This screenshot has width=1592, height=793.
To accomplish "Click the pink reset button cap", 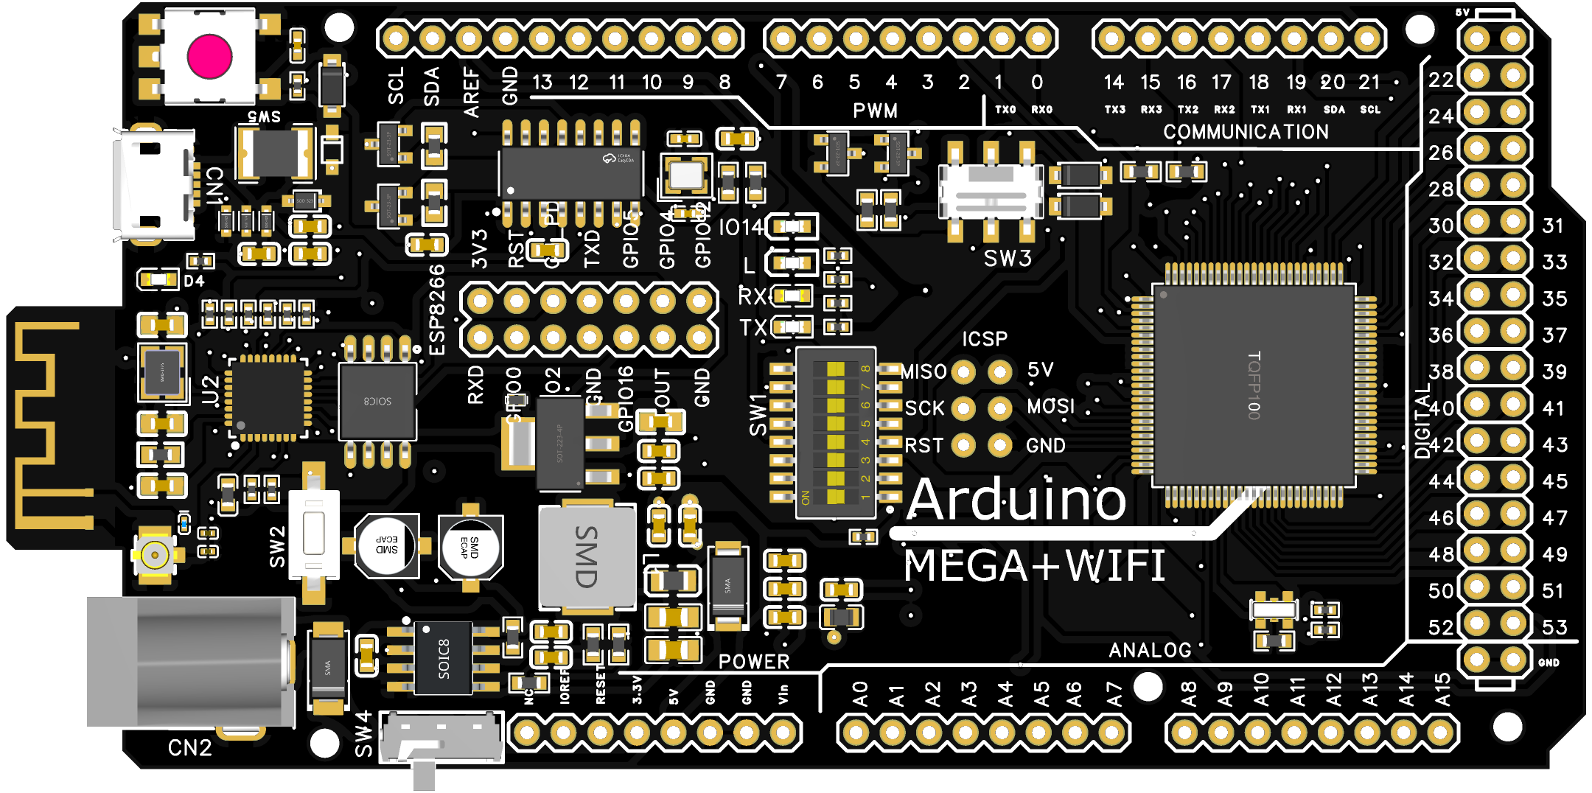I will coord(210,57).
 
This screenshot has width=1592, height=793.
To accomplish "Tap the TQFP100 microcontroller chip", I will coord(1253,385).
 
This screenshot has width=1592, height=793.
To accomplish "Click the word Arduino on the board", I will coord(1017,500).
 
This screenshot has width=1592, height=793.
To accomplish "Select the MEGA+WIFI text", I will coord(1034,566).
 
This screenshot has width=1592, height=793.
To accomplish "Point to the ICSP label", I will coord(984,339).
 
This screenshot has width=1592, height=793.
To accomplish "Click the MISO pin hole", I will coord(963,372).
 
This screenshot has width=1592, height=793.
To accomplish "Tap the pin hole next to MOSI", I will coord(999,408).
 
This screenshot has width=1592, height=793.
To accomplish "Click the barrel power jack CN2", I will coord(190,662).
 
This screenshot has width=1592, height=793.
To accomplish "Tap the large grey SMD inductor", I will coord(587,557).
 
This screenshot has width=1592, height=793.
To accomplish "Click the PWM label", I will coord(875,111).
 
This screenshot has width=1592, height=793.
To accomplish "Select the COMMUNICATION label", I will coord(1246,132).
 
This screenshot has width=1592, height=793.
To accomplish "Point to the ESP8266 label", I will coord(437,310).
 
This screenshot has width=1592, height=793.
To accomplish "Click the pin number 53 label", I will coord(1554,627).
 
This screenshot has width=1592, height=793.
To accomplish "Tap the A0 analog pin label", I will coord(860,694).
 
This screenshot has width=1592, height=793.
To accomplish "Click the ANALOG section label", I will coord(1150,649).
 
